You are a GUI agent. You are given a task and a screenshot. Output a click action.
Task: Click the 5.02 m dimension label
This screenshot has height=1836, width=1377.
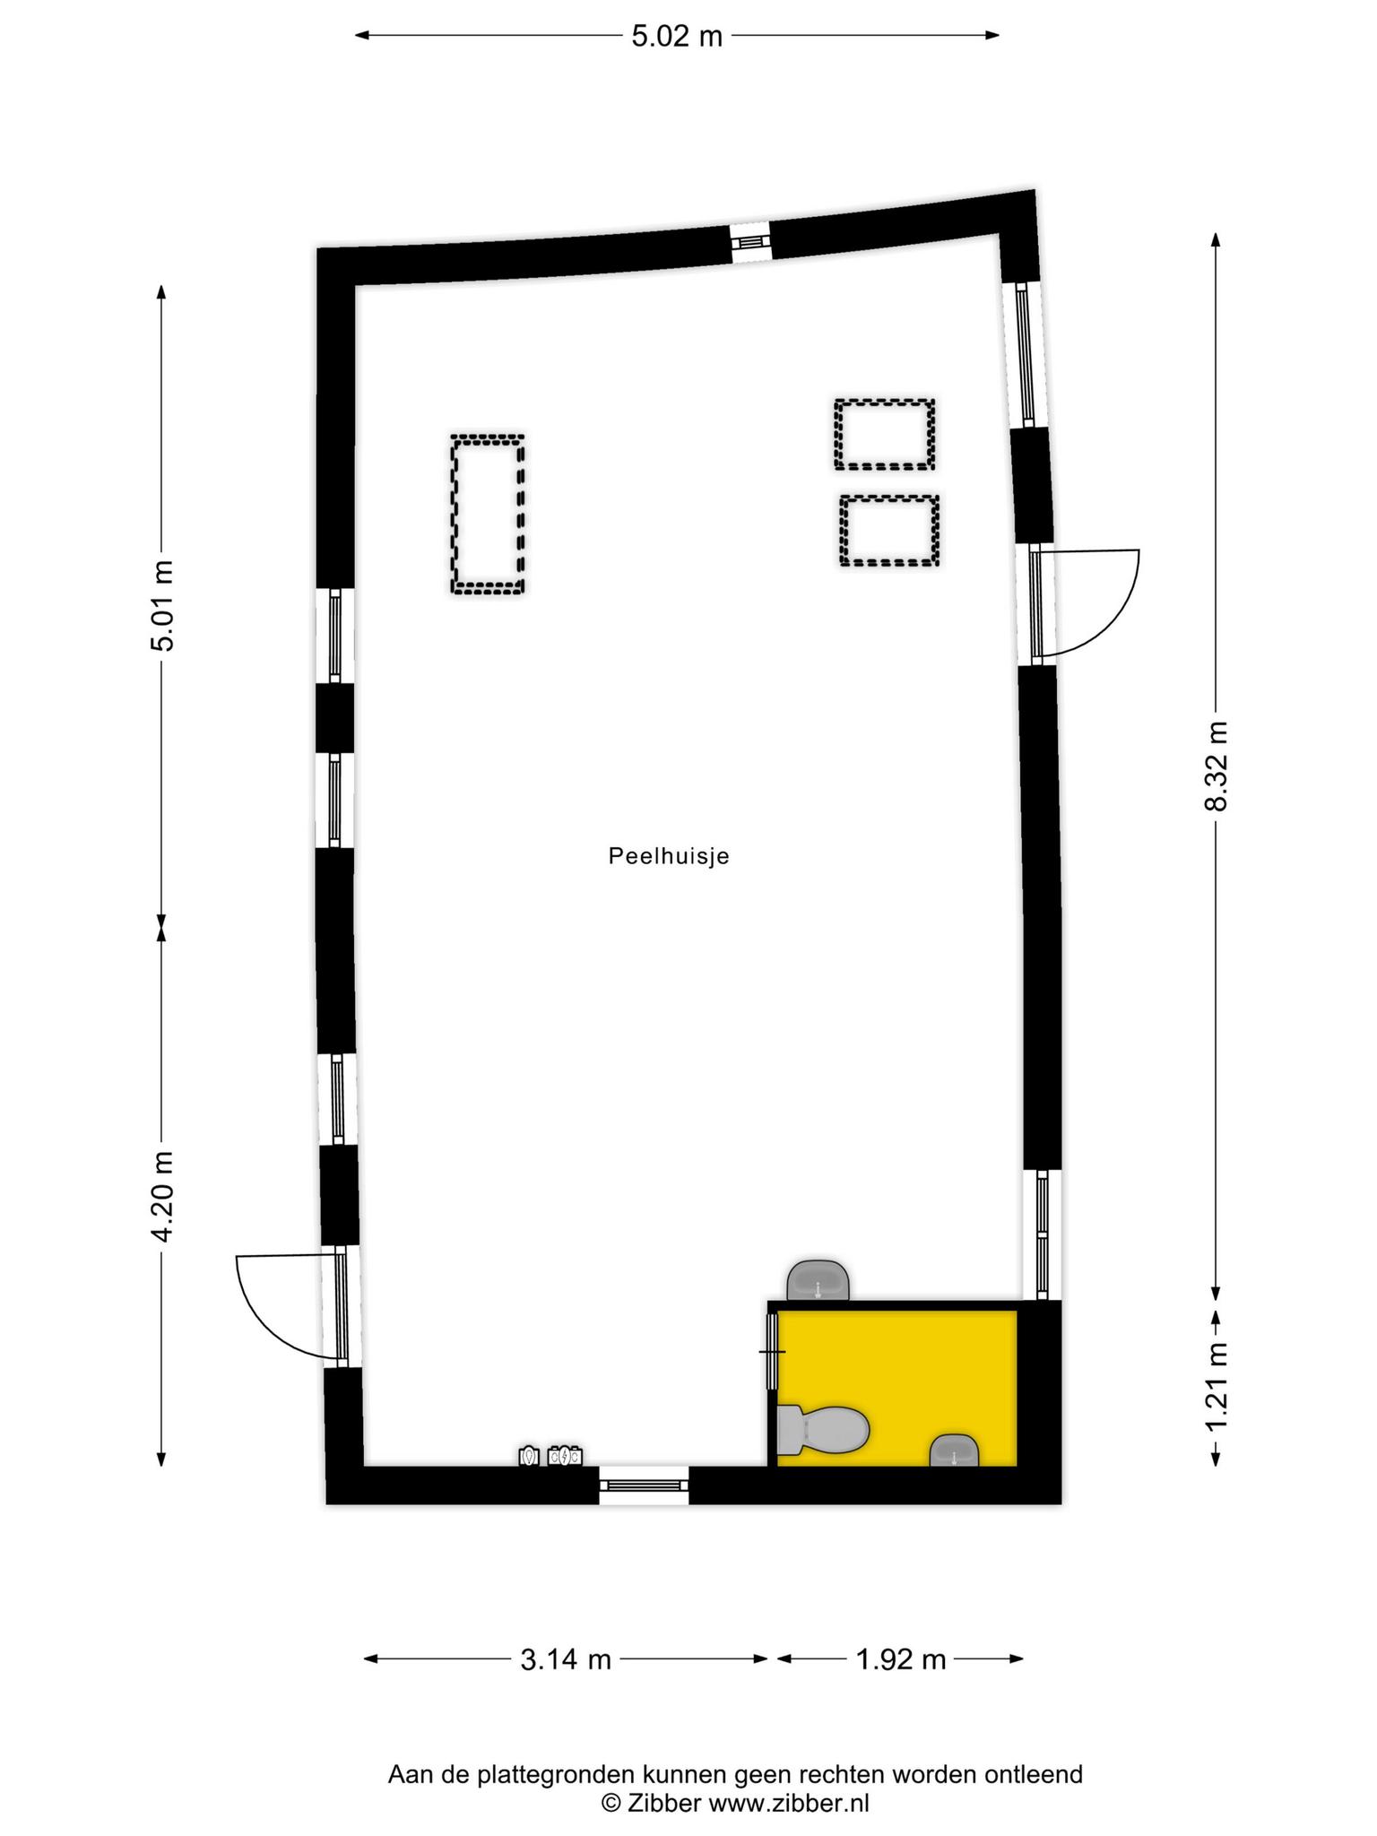point(677,37)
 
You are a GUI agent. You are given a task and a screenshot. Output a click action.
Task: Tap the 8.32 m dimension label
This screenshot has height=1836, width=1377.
point(1216,765)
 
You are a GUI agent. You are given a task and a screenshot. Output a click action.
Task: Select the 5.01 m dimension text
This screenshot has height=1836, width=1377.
point(162,605)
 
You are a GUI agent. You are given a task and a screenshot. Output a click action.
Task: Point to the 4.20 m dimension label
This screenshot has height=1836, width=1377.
point(162,1197)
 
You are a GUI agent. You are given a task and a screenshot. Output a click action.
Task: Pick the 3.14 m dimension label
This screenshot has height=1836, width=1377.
point(566,1659)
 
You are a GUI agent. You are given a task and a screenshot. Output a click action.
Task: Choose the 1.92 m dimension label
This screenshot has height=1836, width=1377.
point(901,1659)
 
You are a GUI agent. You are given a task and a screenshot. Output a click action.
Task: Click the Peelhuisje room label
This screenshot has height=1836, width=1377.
point(669,856)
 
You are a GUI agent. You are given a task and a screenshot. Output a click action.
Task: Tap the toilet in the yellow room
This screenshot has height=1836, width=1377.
point(822,1429)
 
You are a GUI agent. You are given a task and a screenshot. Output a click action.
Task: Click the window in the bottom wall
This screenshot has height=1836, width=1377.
point(644,1485)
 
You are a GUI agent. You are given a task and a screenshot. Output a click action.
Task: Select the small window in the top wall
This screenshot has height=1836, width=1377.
point(749,241)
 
